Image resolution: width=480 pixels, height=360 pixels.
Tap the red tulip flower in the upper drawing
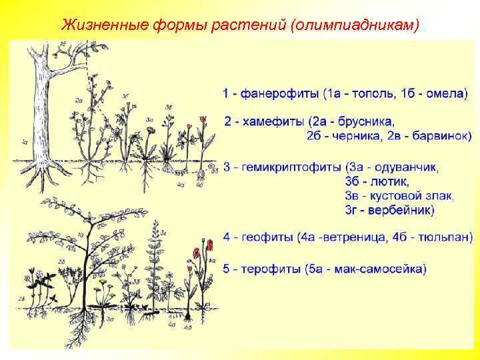(202, 121)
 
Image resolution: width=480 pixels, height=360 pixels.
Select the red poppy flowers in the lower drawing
(202, 249)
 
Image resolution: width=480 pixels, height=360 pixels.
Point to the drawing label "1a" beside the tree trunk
(25, 141)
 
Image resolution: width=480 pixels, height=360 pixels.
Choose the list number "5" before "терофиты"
(227, 269)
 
